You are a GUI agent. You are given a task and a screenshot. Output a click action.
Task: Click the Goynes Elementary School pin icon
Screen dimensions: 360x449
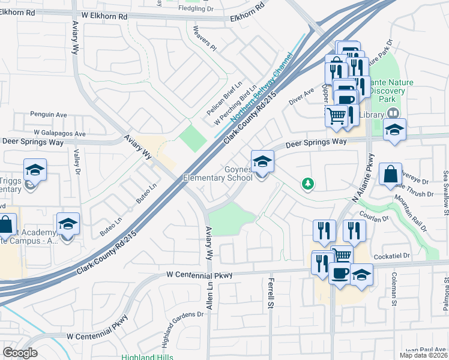tap(262, 161)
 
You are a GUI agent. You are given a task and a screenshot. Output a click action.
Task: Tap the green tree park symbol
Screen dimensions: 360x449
tap(307, 183)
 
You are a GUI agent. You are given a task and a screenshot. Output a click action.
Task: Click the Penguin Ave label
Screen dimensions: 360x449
tap(49, 114)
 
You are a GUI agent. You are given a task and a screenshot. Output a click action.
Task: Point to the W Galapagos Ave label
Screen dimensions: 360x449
tap(60, 133)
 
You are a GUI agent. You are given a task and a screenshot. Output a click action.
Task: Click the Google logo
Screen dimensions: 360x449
tap(20, 352)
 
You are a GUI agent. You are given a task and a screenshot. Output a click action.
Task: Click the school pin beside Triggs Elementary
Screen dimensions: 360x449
tap(35, 170)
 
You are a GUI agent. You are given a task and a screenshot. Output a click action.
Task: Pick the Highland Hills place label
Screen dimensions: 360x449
tap(144, 356)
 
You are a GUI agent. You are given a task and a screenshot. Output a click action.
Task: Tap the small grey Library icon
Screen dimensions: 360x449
tap(393, 113)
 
